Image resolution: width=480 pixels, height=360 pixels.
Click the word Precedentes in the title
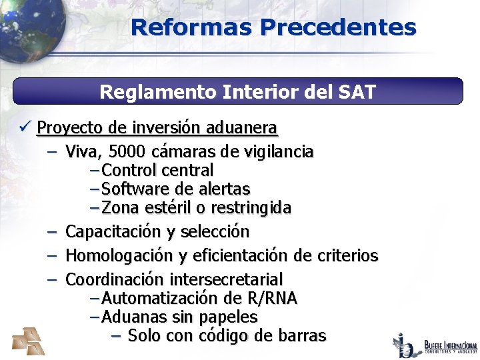pos(339,27)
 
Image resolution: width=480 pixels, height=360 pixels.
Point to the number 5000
pos(129,152)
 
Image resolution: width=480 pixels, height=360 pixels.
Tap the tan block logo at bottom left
pos(29,341)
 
